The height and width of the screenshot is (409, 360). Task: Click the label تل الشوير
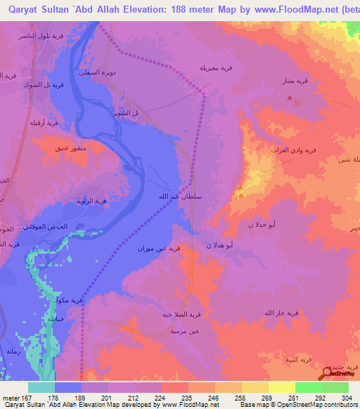(127, 112)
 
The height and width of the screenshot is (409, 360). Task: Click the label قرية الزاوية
(91, 201)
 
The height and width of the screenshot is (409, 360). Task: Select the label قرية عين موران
(142, 249)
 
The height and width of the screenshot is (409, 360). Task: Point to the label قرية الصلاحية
(179, 314)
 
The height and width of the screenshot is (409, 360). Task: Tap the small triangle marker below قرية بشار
(289, 96)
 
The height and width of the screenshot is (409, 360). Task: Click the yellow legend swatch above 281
(282, 387)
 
